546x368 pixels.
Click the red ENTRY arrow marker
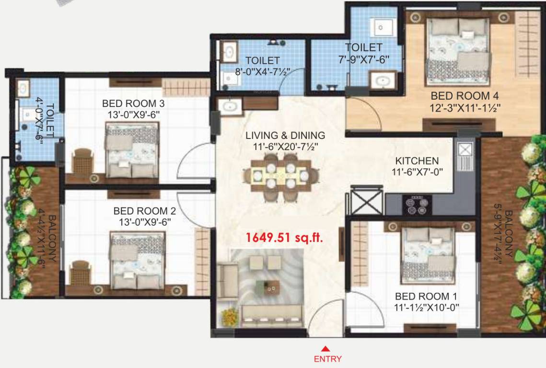325,348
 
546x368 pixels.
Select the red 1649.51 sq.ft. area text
284,237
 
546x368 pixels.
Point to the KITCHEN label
417,161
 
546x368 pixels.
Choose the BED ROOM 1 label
425,296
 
